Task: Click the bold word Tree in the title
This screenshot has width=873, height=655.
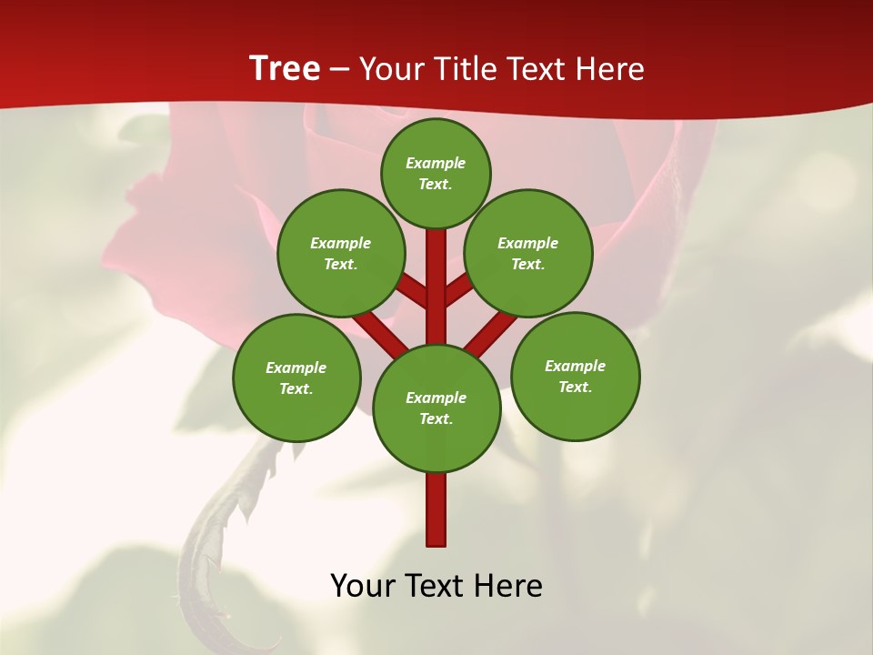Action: tap(285, 68)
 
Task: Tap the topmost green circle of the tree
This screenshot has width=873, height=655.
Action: tap(436, 173)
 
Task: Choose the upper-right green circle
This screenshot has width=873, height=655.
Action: tap(528, 253)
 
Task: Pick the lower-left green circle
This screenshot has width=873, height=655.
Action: tap(296, 378)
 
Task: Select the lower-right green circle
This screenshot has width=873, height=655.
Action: tap(575, 376)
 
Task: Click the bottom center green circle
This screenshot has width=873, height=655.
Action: tap(436, 408)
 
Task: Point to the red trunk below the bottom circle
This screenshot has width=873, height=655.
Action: tap(436, 509)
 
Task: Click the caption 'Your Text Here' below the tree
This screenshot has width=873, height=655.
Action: tap(436, 586)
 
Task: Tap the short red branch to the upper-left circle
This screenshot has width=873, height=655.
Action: tap(415, 291)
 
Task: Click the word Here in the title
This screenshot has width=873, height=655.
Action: tap(613, 69)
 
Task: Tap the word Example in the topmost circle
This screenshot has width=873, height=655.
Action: tap(436, 164)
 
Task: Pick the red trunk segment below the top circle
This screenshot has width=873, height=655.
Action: tap(436, 273)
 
